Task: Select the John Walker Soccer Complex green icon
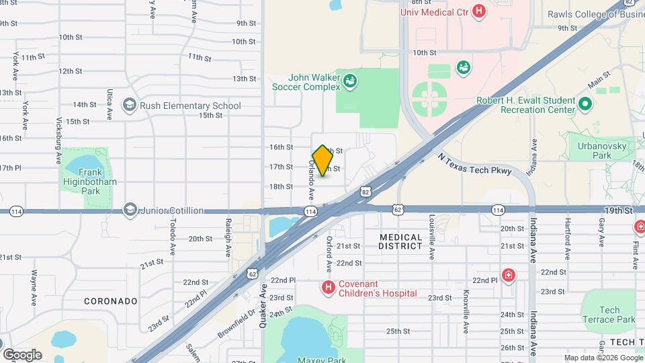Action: tap(349, 81)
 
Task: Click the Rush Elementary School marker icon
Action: tap(129, 105)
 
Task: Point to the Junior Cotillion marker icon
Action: tap(129, 210)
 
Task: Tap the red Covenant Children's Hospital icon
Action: tap(329, 288)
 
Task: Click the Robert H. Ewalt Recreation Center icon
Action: tap(585, 105)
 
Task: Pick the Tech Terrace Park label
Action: tap(609, 314)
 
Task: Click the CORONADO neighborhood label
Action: tap(111, 301)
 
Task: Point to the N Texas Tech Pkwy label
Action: tap(474, 163)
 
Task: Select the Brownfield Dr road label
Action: tap(236, 321)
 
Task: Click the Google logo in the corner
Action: tap(22, 354)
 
